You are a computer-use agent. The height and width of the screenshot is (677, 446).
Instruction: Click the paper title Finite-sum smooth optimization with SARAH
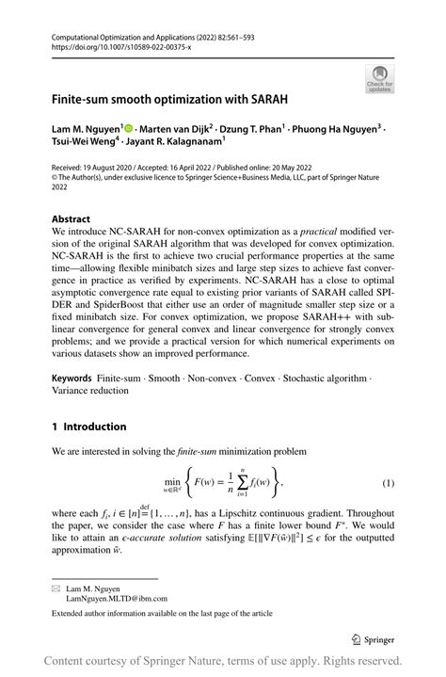[170, 97]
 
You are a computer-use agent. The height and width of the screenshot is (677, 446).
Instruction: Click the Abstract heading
[72, 218]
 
